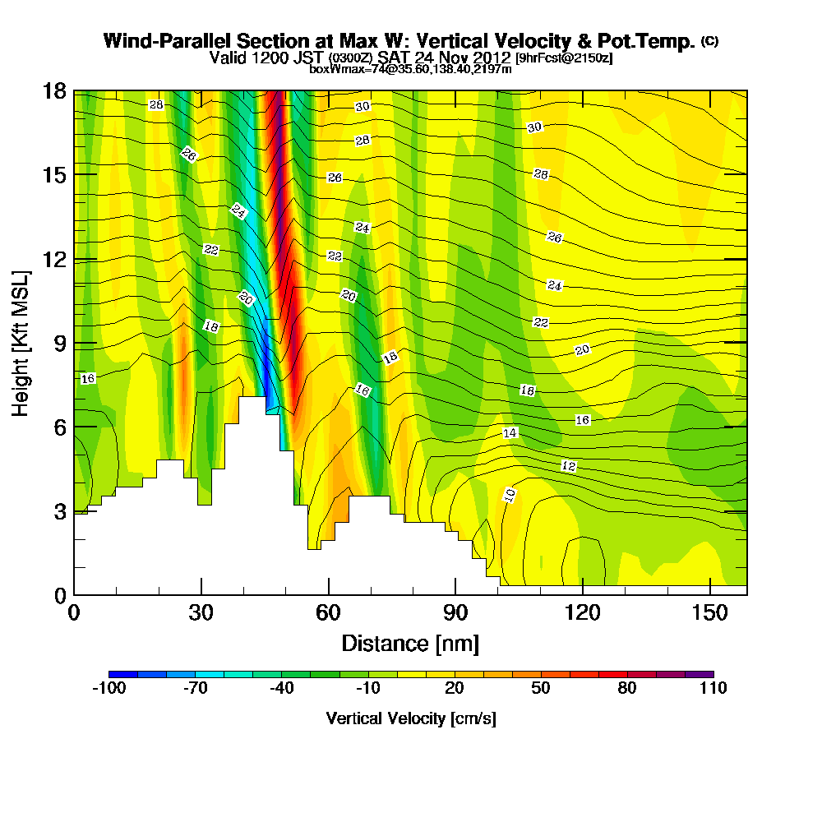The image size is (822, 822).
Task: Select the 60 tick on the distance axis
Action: (x=328, y=613)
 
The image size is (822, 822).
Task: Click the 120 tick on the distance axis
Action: (x=582, y=613)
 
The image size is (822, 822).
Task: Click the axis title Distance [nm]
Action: (x=410, y=643)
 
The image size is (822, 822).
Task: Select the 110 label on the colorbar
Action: (x=713, y=689)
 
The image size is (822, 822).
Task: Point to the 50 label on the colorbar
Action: (x=540, y=689)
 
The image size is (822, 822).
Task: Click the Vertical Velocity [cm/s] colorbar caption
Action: (x=410, y=718)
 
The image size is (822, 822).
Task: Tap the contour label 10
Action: (x=510, y=495)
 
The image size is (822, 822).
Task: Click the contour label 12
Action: (x=568, y=466)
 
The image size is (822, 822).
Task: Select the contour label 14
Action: (x=510, y=432)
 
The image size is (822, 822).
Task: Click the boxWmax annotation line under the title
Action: (x=410, y=69)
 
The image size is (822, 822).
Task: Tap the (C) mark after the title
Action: (x=709, y=40)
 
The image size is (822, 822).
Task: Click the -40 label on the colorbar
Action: (x=281, y=689)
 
